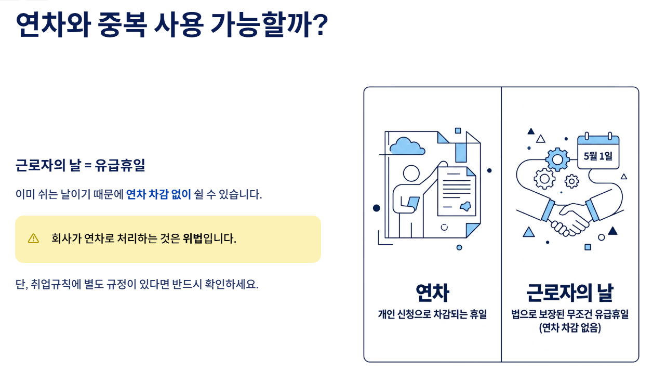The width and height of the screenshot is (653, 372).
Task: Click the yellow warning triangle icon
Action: (x=34, y=238)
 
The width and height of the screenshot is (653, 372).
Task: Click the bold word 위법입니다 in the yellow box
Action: (x=209, y=239)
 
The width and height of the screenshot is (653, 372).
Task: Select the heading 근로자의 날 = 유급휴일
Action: (x=81, y=166)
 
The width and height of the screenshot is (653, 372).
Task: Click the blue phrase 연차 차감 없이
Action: (x=159, y=195)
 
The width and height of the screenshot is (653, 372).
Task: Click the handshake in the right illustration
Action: (x=569, y=218)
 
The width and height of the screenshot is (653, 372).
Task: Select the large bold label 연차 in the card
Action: (x=432, y=293)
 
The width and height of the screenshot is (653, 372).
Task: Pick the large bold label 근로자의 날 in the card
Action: (x=569, y=293)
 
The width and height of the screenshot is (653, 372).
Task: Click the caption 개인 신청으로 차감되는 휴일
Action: (x=432, y=314)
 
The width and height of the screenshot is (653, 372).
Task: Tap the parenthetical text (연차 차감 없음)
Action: (x=569, y=328)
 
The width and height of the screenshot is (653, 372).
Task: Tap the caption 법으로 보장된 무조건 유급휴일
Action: (x=569, y=315)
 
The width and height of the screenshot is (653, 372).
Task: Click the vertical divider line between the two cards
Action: (x=501, y=223)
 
